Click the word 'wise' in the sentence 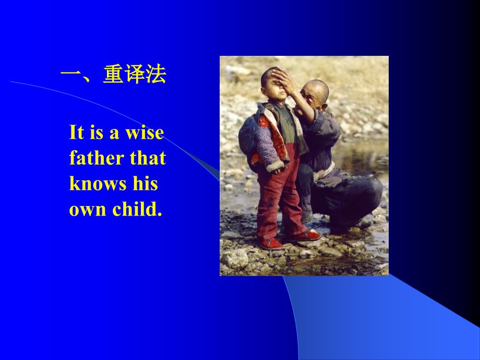pos(145,133)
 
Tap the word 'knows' pos(98,184)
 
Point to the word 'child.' pos(137,209)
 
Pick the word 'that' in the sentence pos(148,158)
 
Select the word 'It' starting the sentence pos(76,132)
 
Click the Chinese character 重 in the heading pos(113,75)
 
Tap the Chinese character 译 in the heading pos(135,75)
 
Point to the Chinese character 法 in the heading pos(156,75)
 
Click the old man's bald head pos(317,88)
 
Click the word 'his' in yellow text pos(146,184)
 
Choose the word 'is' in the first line pos(97,133)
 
